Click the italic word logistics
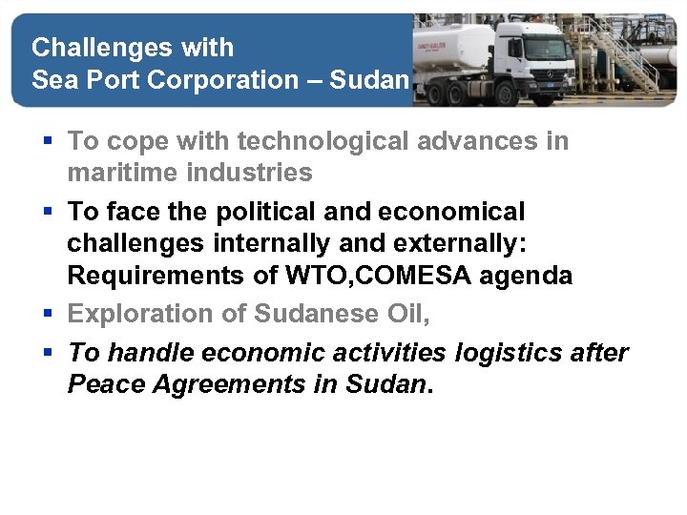[510, 353]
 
